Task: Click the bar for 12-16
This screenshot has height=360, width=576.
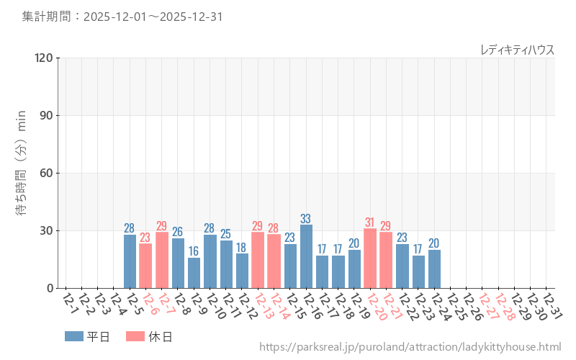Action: tap(306, 256)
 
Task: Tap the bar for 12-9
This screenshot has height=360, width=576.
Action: tap(194, 273)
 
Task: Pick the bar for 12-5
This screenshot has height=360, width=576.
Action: tap(130, 261)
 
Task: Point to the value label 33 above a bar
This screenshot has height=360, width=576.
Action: tap(306, 219)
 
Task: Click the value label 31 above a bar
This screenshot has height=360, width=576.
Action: tap(370, 222)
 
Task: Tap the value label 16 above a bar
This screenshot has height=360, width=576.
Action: tap(194, 251)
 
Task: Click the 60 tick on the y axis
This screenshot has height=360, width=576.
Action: tap(46, 173)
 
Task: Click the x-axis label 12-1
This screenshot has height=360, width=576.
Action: tap(70, 302)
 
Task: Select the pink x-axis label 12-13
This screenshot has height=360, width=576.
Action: tap(262, 305)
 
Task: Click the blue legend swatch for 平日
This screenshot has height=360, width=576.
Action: tap(74, 336)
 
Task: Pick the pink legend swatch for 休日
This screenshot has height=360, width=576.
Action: tap(135, 336)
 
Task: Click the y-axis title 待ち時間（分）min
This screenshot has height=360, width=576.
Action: tap(22, 173)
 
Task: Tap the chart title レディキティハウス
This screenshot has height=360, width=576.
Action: tap(517, 50)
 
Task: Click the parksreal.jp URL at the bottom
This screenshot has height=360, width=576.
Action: tap(409, 347)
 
